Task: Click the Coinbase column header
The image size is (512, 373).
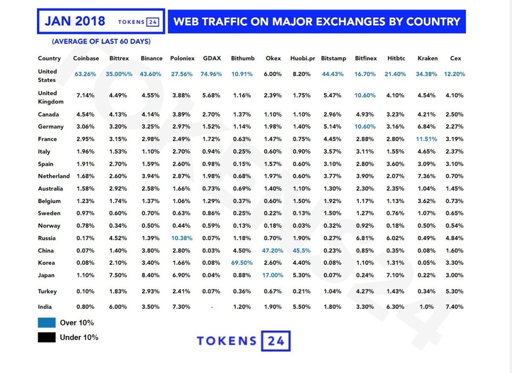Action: [x=86, y=58]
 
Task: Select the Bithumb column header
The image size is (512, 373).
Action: [x=243, y=58]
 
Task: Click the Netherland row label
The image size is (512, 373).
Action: [x=54, y=176]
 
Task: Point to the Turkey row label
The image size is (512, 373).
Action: [x=47, y=292]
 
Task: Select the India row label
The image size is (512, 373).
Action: [x=45, y=306]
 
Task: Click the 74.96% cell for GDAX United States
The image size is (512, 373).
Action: [x=211, y=74]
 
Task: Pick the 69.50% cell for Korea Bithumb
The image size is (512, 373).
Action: [x=242, y=263]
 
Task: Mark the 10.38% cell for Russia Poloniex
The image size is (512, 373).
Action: [x=182, y=238]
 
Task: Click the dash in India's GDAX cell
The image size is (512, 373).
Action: [x=212, y=307]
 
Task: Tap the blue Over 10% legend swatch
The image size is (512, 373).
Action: [x=47, y=323]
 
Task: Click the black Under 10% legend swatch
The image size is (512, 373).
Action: [x=47, y=338]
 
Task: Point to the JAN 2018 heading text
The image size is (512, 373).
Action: [x=75, y=21]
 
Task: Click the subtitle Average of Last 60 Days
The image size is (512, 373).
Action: [x=101, y=42]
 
